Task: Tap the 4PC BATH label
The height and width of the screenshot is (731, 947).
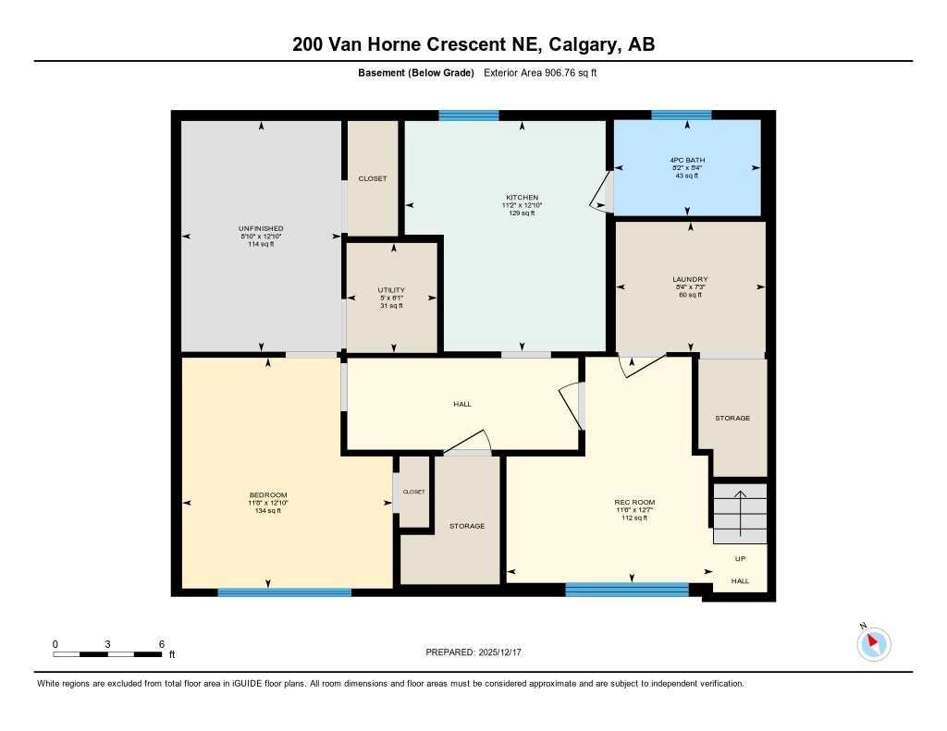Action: point(687,160)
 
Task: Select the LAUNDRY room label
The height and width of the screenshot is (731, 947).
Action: point(690,279)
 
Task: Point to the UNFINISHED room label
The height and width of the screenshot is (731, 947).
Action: point(261,228)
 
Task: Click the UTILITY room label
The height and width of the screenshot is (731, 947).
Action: point(391,290)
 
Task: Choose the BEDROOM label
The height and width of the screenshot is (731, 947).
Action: point(268,495)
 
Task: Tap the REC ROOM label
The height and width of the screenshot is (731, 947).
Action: point(634,503)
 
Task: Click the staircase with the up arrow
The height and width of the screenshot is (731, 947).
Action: point(740,513)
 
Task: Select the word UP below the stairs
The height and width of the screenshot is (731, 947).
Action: point(740,558)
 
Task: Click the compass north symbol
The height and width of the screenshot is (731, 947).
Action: point(873,643)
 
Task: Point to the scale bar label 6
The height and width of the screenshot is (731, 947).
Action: point(161,644)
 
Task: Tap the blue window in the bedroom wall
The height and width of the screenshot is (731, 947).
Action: point(284,592)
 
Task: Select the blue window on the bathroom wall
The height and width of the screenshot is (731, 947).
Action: point(681,116)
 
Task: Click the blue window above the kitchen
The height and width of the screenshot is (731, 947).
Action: point(468,116)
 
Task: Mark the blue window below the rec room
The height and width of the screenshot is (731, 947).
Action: point(627,590)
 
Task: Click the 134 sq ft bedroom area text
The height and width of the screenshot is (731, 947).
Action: point(268,510)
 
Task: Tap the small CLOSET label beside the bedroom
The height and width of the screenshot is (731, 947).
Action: point(413,492)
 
